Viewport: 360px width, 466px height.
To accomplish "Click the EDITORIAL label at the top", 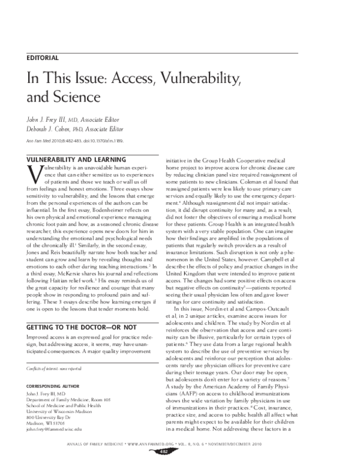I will pos(42,58).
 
